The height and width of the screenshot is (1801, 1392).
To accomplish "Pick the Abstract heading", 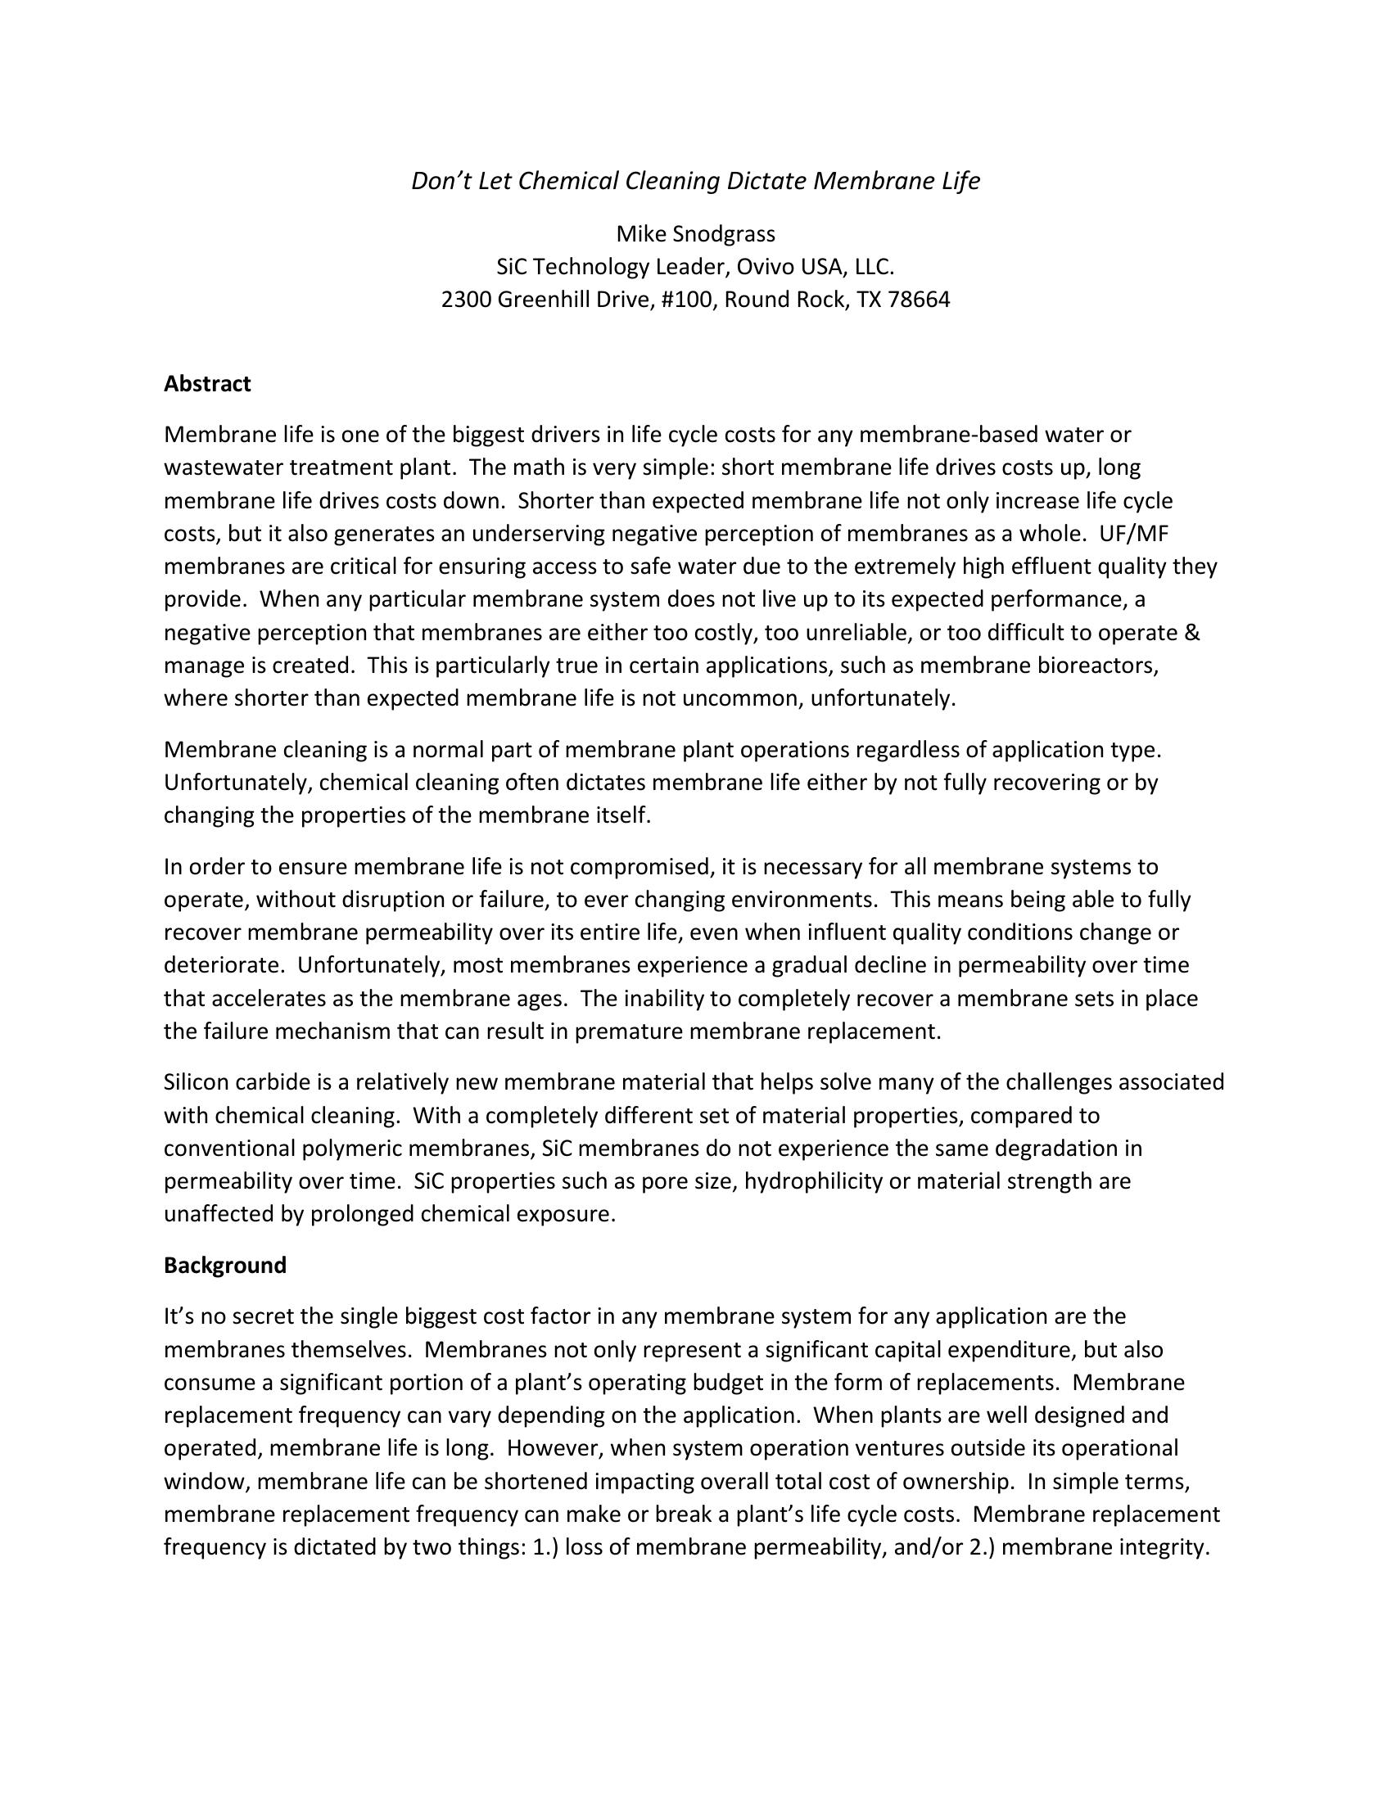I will [x=207, y=383].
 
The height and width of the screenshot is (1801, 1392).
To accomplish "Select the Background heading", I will [x=225, y=1265].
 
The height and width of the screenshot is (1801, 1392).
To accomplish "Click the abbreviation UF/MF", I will [x=1134, y=534].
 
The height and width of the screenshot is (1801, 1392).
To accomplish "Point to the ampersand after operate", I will [x=1192, y=633].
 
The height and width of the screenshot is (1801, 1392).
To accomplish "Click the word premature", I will [x=629, y=1031].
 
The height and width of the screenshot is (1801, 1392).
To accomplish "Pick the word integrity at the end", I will [x=1163, y=1547].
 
